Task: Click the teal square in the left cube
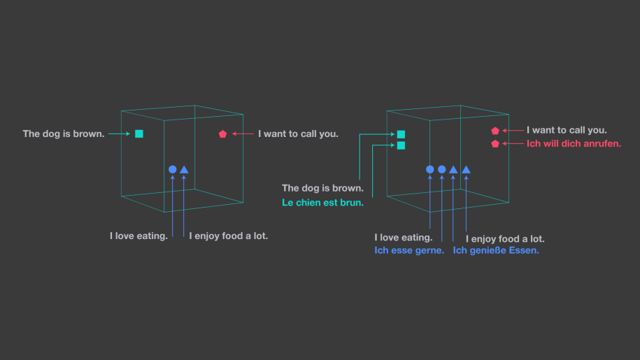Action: pos(139,134)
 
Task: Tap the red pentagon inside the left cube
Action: pos(222,134)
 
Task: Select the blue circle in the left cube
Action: pos(173,169)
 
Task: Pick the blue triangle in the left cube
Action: pos(184,169)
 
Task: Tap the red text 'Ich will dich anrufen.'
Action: pos(574,144)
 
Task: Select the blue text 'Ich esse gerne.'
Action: pos(409,250)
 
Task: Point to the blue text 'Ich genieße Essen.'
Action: pos(496,250)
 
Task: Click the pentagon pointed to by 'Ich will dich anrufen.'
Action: pos(495,144)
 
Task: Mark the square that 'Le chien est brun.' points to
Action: pos(401,145)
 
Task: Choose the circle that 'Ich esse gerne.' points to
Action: pos(441,169)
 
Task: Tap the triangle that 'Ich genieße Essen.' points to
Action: pos(453,169)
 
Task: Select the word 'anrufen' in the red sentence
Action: pos(600,144)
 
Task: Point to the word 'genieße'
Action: pos(488,250)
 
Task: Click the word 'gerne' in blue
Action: pos(429,250)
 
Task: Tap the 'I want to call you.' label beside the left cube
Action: pos(298,134)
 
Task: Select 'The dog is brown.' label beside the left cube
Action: pos(64,134)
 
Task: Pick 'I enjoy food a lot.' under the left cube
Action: pos(228,236)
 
